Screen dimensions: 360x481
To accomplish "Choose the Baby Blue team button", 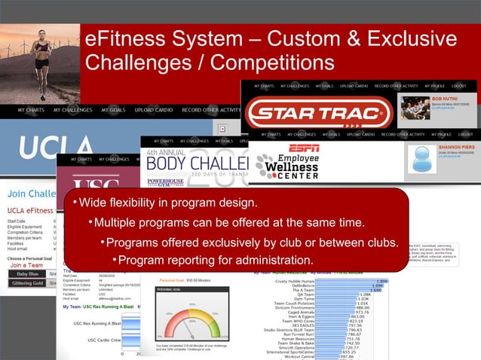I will (23, 274).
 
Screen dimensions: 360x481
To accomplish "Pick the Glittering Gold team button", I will (26, 284).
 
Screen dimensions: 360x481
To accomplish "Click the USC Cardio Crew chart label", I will (95, 340).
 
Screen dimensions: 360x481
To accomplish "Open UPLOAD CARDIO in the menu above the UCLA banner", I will (154, 110).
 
